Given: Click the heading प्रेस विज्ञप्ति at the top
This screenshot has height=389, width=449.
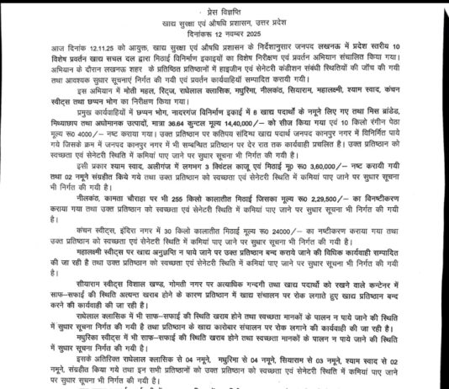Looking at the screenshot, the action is [225, 5].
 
